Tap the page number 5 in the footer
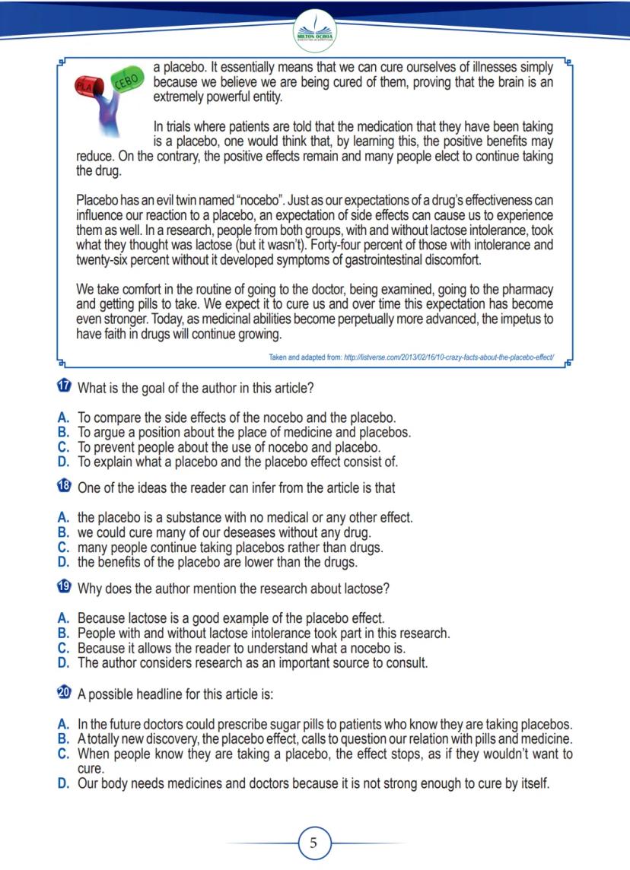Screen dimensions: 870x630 click(314, 843)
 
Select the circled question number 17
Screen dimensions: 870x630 click(65, 388)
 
